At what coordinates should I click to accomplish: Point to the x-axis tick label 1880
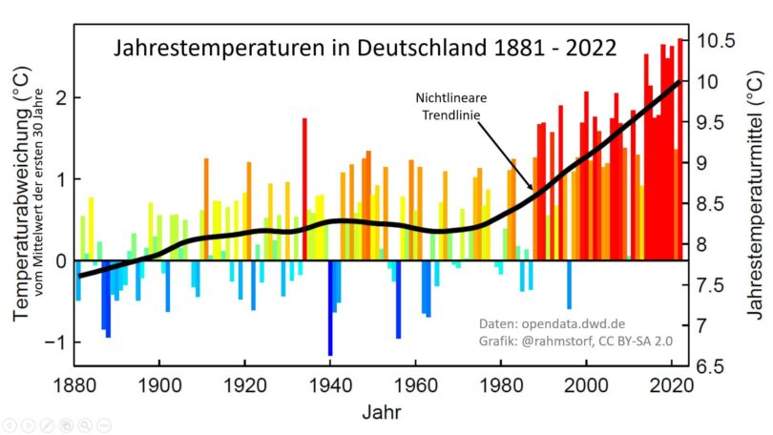pyautogui.click(x=74, y=383)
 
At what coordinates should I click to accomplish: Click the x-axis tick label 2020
pyautogui.click(x=672, y=383)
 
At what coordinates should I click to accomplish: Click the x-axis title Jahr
pyautogui.click(x=380, y=414)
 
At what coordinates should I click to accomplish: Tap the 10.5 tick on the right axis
pyautogui.click(x=716, y=41)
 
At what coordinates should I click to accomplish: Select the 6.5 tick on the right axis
pyautogui.click(x=716, y=366)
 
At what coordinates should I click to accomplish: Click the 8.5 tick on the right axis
pyautogui.click(x=716, y=204)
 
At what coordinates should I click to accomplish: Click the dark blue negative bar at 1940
pyautogui.click(x=330, y=307)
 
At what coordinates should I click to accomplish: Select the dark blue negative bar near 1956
pyautogui.click(x=398, y=300)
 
